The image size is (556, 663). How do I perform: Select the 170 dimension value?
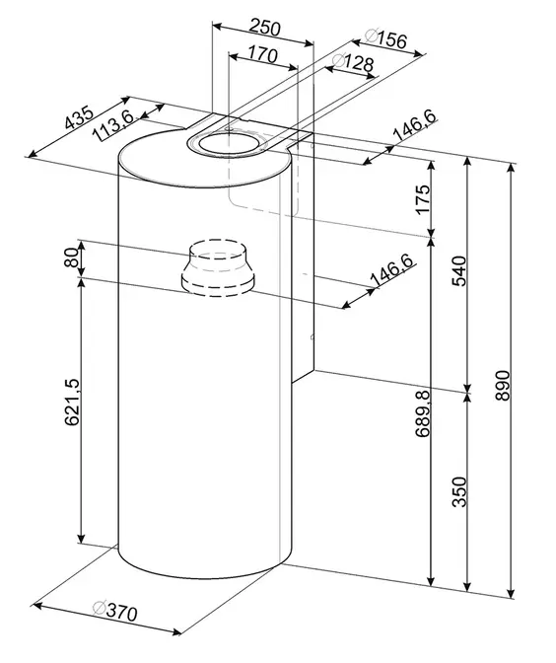point(262,54)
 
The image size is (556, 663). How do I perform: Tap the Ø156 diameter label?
point(385,38)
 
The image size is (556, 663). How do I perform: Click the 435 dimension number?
point(78,117)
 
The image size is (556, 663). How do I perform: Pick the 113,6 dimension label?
point(112,125)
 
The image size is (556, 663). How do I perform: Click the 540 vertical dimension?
point(458,271)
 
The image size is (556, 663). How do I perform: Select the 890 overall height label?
point(503,386)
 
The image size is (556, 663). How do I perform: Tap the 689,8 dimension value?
point(422,414)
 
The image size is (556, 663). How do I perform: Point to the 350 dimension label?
point(458,491)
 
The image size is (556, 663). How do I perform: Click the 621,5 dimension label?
point(72,403)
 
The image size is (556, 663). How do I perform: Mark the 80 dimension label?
point(72,258)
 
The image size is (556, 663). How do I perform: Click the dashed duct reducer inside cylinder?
point(218,268)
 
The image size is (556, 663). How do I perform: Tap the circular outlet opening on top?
point(228,143)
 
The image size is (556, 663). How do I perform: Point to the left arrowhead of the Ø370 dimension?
point(38,606)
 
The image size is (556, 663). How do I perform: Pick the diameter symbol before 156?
point(371,36)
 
